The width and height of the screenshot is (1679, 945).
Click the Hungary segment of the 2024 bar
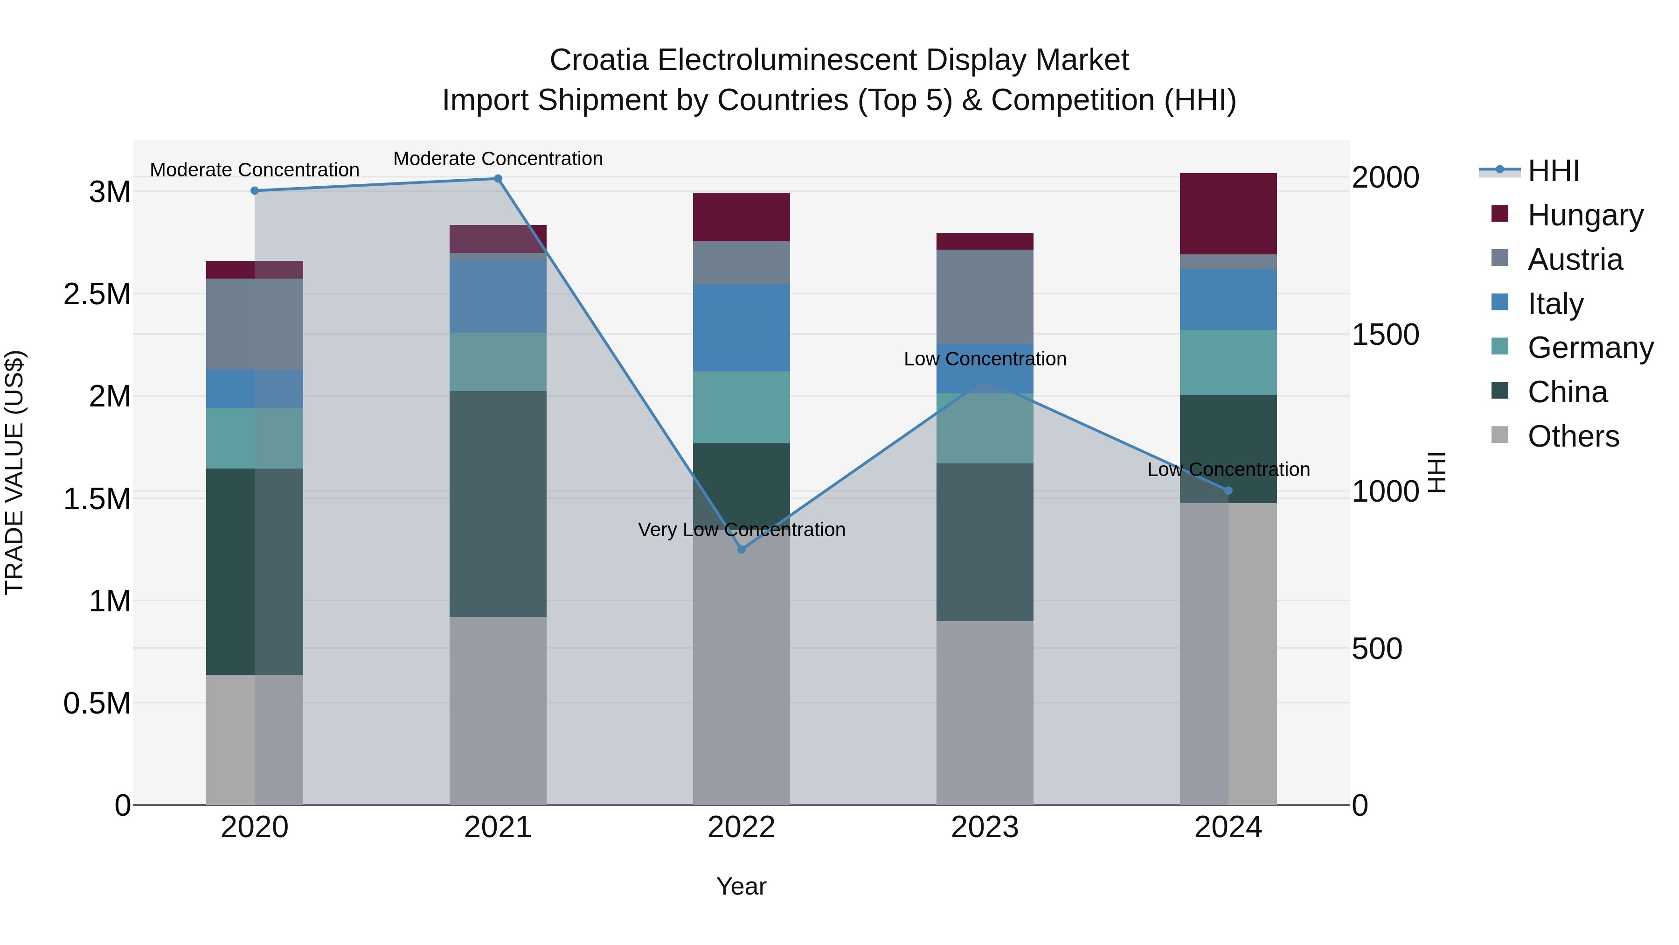tap(1228, 213)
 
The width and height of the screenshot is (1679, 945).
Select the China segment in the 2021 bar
tap(498, 504)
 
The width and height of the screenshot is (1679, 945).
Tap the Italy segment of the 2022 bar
tap(741, 328)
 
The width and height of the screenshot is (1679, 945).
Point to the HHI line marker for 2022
tap(741, 550)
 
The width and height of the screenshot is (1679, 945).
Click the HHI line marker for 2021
tap(498, 179)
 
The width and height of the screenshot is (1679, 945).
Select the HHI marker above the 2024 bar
tap(1228, 490)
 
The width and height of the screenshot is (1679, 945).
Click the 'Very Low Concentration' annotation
tap(741, 530)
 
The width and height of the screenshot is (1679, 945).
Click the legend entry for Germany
tap(1590, 348)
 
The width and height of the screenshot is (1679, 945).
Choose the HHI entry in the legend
tap(1553, 171)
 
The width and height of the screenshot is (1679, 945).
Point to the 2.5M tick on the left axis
tap(97, 294)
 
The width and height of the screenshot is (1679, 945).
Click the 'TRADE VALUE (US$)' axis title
tap(14, 472)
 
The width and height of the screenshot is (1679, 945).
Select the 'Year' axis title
tap(741, 886)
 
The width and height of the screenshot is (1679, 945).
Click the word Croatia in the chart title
tap(598, 60)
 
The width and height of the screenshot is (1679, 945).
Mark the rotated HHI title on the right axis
tap(1436, 472)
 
